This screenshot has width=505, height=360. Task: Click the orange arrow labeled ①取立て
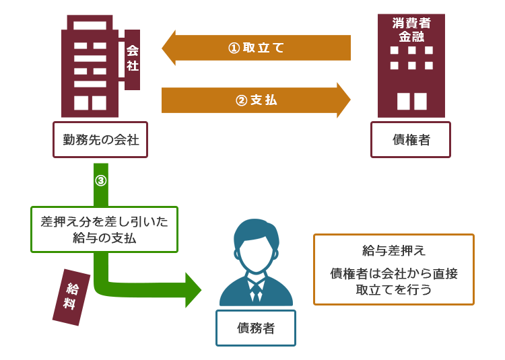[x=256, y=48]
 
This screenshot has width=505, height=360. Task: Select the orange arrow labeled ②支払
[x=256, y=100]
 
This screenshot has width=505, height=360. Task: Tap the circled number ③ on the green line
[x=101, y=180]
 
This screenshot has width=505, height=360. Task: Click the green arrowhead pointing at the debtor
[x=193, y=290]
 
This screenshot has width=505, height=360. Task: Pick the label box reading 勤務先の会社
[x=100, y=139]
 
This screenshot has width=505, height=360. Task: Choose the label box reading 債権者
[x=411, y=139]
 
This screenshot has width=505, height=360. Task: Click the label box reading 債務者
[x=256, y=328]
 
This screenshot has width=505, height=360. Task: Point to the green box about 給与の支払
[x=104, y=229]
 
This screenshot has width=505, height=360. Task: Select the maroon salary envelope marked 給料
[x=71, y=297]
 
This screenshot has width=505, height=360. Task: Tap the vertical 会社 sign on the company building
[x=133, y=59]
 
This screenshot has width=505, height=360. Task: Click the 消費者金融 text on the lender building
[x=411, y=30]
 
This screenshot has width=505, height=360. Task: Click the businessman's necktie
[x=256, y=293]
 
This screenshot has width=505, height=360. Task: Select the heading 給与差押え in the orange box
[x=394, y=250]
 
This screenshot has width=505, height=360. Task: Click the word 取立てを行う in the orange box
[x=394, y=289]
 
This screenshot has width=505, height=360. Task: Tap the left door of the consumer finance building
[x=403, y=102]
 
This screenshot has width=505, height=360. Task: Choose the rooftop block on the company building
[x=90, y=22]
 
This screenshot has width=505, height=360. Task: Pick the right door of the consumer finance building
[x=420, y=102]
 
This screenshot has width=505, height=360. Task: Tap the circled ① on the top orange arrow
[x=234, y=48]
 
